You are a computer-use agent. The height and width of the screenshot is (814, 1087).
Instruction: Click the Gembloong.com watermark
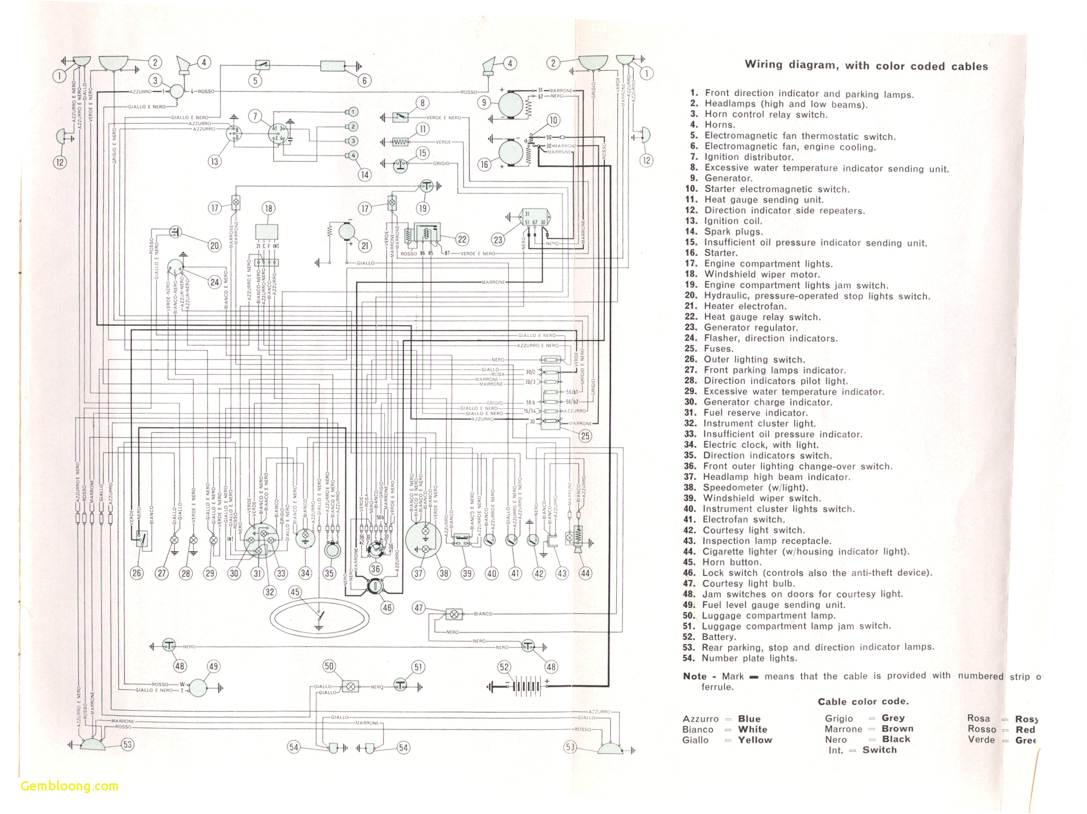(70, 786)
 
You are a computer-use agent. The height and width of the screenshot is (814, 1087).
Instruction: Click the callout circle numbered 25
(585, 436)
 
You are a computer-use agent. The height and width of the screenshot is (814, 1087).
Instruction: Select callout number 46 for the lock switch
(387, 607)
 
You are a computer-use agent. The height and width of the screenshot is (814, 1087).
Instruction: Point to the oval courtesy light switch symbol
(319, 618)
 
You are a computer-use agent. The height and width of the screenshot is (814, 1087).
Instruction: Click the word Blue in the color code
(749, 719)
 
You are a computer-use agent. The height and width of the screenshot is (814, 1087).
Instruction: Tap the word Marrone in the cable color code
(843, 729)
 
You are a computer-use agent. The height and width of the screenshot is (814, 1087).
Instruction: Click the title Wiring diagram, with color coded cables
(866, 65)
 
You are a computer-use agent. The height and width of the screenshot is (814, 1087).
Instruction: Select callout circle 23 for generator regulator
(498, 240)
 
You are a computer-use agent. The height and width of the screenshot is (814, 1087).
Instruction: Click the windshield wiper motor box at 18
(267, 232)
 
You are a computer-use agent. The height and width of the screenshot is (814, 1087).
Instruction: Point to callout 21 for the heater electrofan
(365, 246)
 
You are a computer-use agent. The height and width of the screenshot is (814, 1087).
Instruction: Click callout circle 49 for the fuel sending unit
(214, 666)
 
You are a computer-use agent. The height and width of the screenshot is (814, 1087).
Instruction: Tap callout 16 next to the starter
(484, 164)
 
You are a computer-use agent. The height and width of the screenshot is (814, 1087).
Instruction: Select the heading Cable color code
(863, 702)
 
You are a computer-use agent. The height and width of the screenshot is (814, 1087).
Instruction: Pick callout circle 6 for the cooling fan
(364, 80)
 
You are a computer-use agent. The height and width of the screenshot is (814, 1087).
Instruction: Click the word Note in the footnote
(695, 676)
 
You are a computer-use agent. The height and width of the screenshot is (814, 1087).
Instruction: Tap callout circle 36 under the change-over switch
(376, 569)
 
